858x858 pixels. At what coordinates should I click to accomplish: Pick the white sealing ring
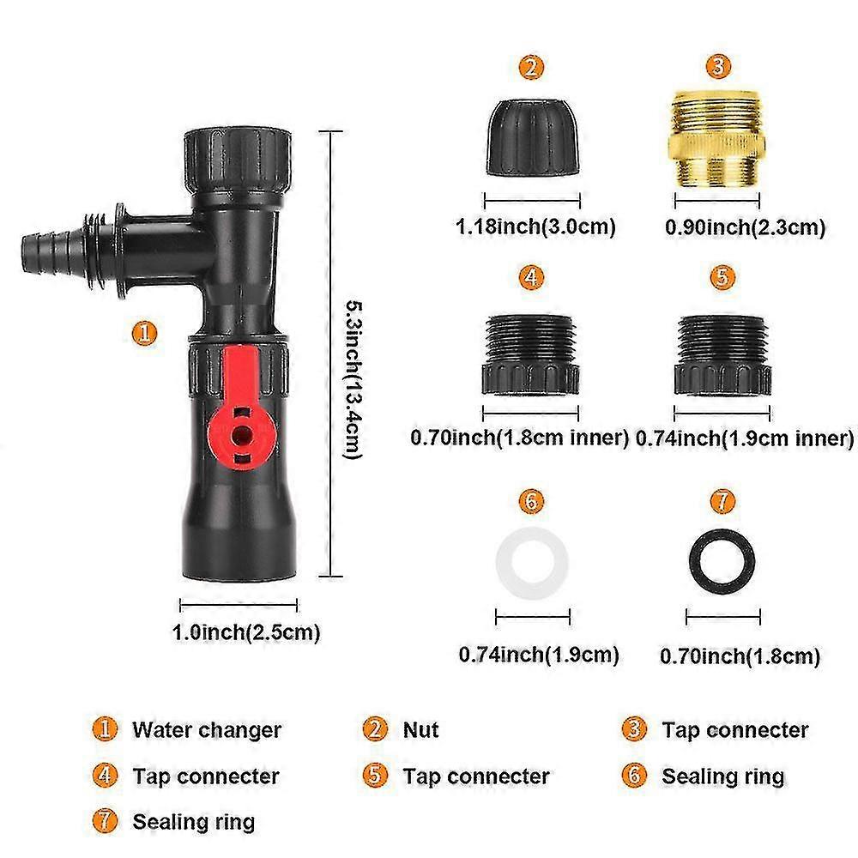point(532,567)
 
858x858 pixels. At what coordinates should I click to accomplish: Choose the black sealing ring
point(723,567)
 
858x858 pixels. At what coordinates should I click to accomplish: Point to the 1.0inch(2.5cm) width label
point(246,633)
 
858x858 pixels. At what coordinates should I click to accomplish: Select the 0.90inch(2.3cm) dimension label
point(746,227)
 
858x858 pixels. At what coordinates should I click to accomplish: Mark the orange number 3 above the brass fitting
point(719,66)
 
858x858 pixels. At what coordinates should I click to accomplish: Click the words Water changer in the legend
point(206,731)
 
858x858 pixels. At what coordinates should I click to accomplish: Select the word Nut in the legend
point(420,731)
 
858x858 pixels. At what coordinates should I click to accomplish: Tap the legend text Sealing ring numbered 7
point(193,822)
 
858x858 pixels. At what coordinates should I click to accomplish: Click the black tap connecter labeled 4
point(532,354)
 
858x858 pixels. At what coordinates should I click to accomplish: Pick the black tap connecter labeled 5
point(722,354)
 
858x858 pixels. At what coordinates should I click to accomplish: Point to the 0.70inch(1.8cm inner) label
point(520,438)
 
